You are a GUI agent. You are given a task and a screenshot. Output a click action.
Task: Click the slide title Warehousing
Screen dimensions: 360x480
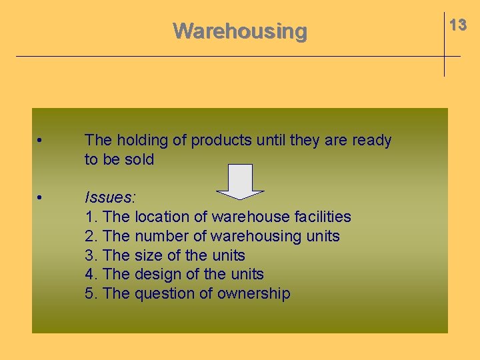pyautogui.click(x=240, y=31)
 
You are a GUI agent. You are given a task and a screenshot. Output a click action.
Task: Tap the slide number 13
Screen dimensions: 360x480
pyautogui.click(x=458, y=25)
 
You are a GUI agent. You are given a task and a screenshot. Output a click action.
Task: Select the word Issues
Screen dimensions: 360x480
pyautogui.click(x=110, y=197)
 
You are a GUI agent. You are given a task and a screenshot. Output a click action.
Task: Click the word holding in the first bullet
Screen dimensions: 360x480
pyautogui.click(x=142, y=141)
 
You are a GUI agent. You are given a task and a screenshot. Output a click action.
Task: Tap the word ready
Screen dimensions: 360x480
pyautogui.click(x=371, y=141)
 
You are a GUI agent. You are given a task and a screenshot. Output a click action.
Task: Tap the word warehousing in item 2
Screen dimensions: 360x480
pyautogui.click(x=256, y=236)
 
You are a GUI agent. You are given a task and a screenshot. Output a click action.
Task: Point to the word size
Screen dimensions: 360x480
pyautogui.click(x=147, y=255)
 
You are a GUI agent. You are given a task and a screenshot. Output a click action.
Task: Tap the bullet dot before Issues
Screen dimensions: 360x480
pyautogui.click(x=41, y=198)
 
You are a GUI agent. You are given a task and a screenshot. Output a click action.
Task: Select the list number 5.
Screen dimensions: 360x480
pyautogui.click(x=91, y=294)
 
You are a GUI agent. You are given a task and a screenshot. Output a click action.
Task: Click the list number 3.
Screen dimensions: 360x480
pyautogui.click(x=91, y=255)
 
